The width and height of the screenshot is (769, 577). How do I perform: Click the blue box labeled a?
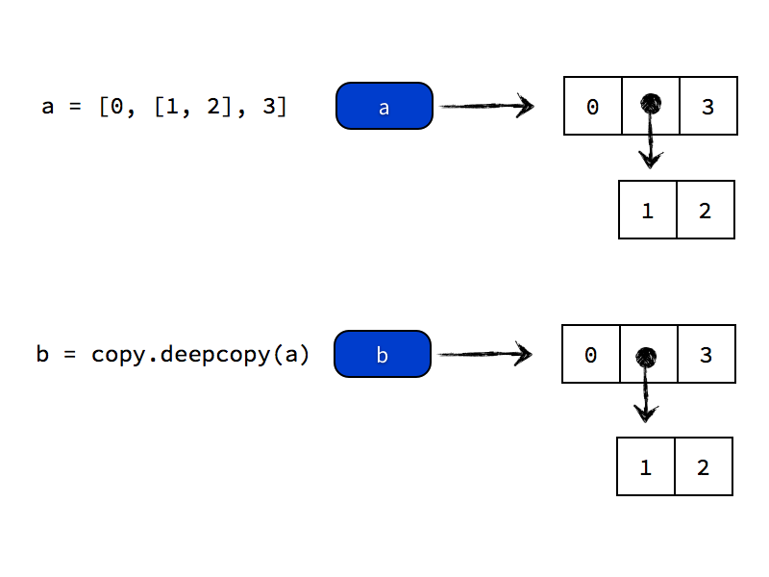384,106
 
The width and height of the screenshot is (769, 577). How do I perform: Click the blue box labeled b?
383,354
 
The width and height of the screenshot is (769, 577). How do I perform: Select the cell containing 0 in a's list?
593,106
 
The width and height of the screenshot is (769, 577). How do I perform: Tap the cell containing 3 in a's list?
708,106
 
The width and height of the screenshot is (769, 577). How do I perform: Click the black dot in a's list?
651,102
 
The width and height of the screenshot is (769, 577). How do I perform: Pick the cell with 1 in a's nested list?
648,210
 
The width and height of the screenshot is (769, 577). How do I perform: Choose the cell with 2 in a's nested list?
706,210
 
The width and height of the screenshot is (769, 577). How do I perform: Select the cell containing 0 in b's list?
591,354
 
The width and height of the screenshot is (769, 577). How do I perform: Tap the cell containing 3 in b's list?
707,354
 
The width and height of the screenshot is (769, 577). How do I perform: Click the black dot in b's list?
646,357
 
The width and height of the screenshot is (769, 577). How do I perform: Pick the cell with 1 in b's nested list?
646,466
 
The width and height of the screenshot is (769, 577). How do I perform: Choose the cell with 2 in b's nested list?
704,466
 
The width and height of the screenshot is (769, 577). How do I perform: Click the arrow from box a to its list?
485,106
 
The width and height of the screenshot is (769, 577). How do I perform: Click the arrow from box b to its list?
484,354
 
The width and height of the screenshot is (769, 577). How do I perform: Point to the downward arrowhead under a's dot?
651,158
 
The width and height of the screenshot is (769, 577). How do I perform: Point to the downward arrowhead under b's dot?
645,413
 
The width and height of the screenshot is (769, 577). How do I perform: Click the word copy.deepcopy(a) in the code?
201,354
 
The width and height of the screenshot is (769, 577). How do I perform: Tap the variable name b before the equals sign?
42,354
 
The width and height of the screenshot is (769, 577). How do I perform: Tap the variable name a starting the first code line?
48,106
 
